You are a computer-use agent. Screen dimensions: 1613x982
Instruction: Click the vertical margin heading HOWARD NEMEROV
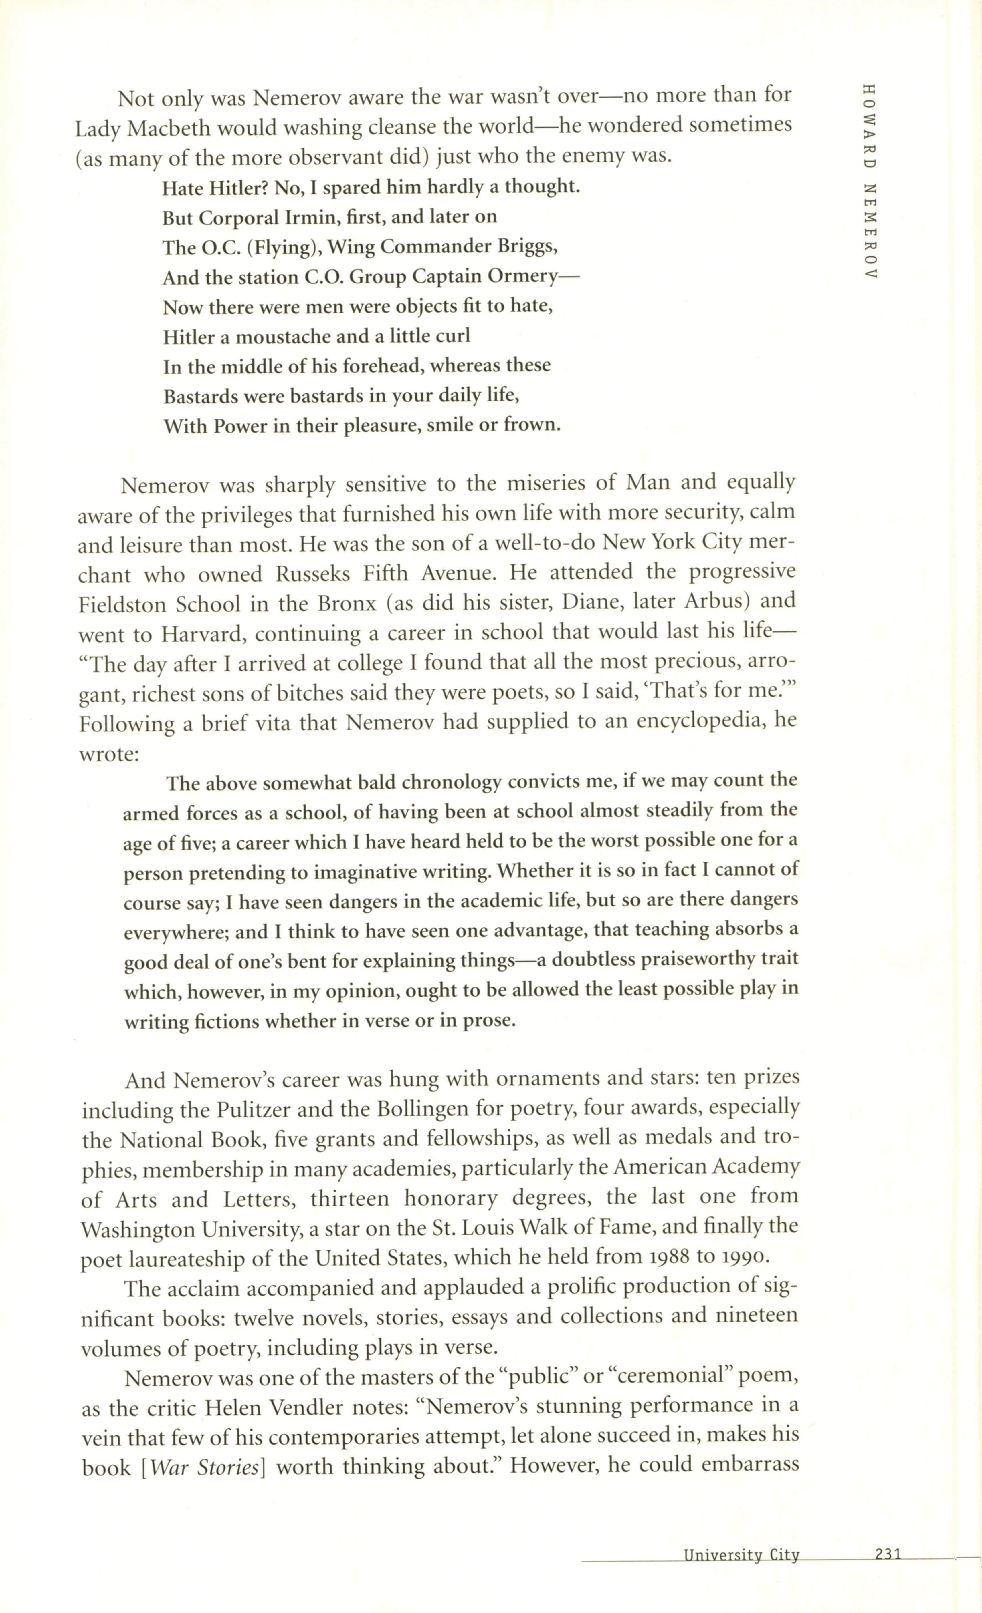coord(869,182)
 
